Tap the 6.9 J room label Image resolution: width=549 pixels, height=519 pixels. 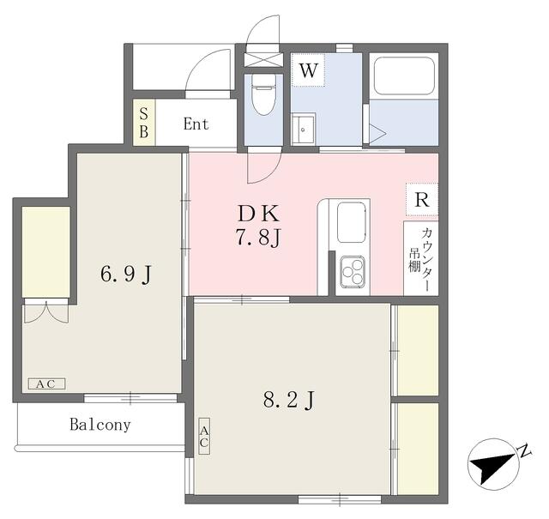[126, 275]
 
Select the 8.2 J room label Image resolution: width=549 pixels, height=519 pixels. [287, 399]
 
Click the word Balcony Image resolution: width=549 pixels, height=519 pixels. [100, 425]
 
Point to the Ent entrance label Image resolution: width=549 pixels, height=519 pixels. [196, 124]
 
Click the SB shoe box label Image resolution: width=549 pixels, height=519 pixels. [144, 124]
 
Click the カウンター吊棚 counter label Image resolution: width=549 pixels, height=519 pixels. [421, 257]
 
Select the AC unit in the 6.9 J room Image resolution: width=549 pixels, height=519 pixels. [46, 383]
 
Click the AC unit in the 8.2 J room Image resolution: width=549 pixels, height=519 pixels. [204, 437]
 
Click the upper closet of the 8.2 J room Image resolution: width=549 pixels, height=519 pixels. [417, 349]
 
